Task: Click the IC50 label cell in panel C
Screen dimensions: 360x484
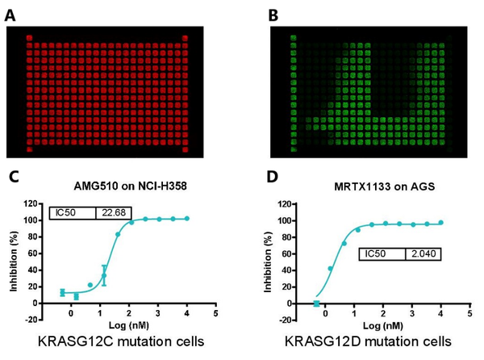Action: point(72,212)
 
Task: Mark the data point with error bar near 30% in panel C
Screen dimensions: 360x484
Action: point(104,275)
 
